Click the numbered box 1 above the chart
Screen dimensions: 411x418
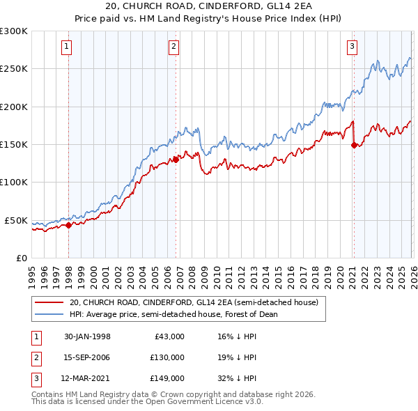coord(66,47)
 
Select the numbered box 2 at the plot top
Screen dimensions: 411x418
coord(173,47)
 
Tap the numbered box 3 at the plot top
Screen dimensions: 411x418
coord(352,47)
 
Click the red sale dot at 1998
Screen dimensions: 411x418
coord(69,225)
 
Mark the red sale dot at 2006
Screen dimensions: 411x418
coord(176,160)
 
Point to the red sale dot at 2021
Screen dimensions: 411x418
coord(354,145)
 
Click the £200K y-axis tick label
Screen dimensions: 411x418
coord(15,107)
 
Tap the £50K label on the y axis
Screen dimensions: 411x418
coord(17,220)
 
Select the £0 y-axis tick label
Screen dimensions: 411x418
coord(21,258)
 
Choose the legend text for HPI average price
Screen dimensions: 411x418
coord(173,314)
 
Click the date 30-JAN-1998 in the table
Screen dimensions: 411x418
coord(87,336)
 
